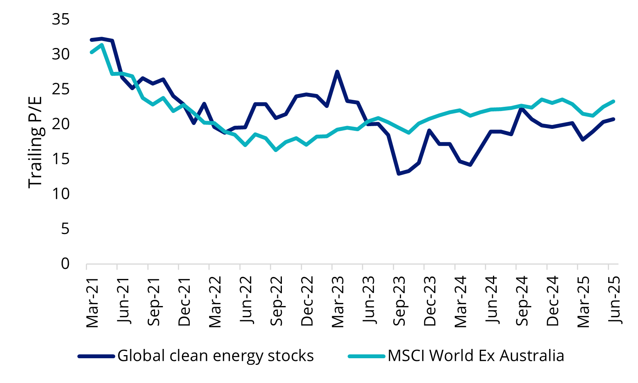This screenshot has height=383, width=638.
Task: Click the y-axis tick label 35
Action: (61, 19)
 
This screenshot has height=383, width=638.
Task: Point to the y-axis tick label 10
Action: (61, 193)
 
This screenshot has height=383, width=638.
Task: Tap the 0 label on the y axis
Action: (65, 263)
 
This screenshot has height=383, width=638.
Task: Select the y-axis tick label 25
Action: (61, 89)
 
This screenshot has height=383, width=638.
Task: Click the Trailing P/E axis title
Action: (35, 141)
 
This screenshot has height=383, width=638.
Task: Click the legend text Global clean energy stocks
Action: (215, 356)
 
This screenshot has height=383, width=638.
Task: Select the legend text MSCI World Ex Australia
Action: (476, 356)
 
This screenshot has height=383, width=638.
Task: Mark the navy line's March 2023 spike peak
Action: (337, 72)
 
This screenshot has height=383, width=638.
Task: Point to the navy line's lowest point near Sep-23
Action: (399, 174)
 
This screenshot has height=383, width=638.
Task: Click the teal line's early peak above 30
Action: (102, 44)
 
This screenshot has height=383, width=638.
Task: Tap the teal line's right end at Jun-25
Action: (614, 101)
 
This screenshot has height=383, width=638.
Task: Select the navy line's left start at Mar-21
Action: (92, 40)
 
